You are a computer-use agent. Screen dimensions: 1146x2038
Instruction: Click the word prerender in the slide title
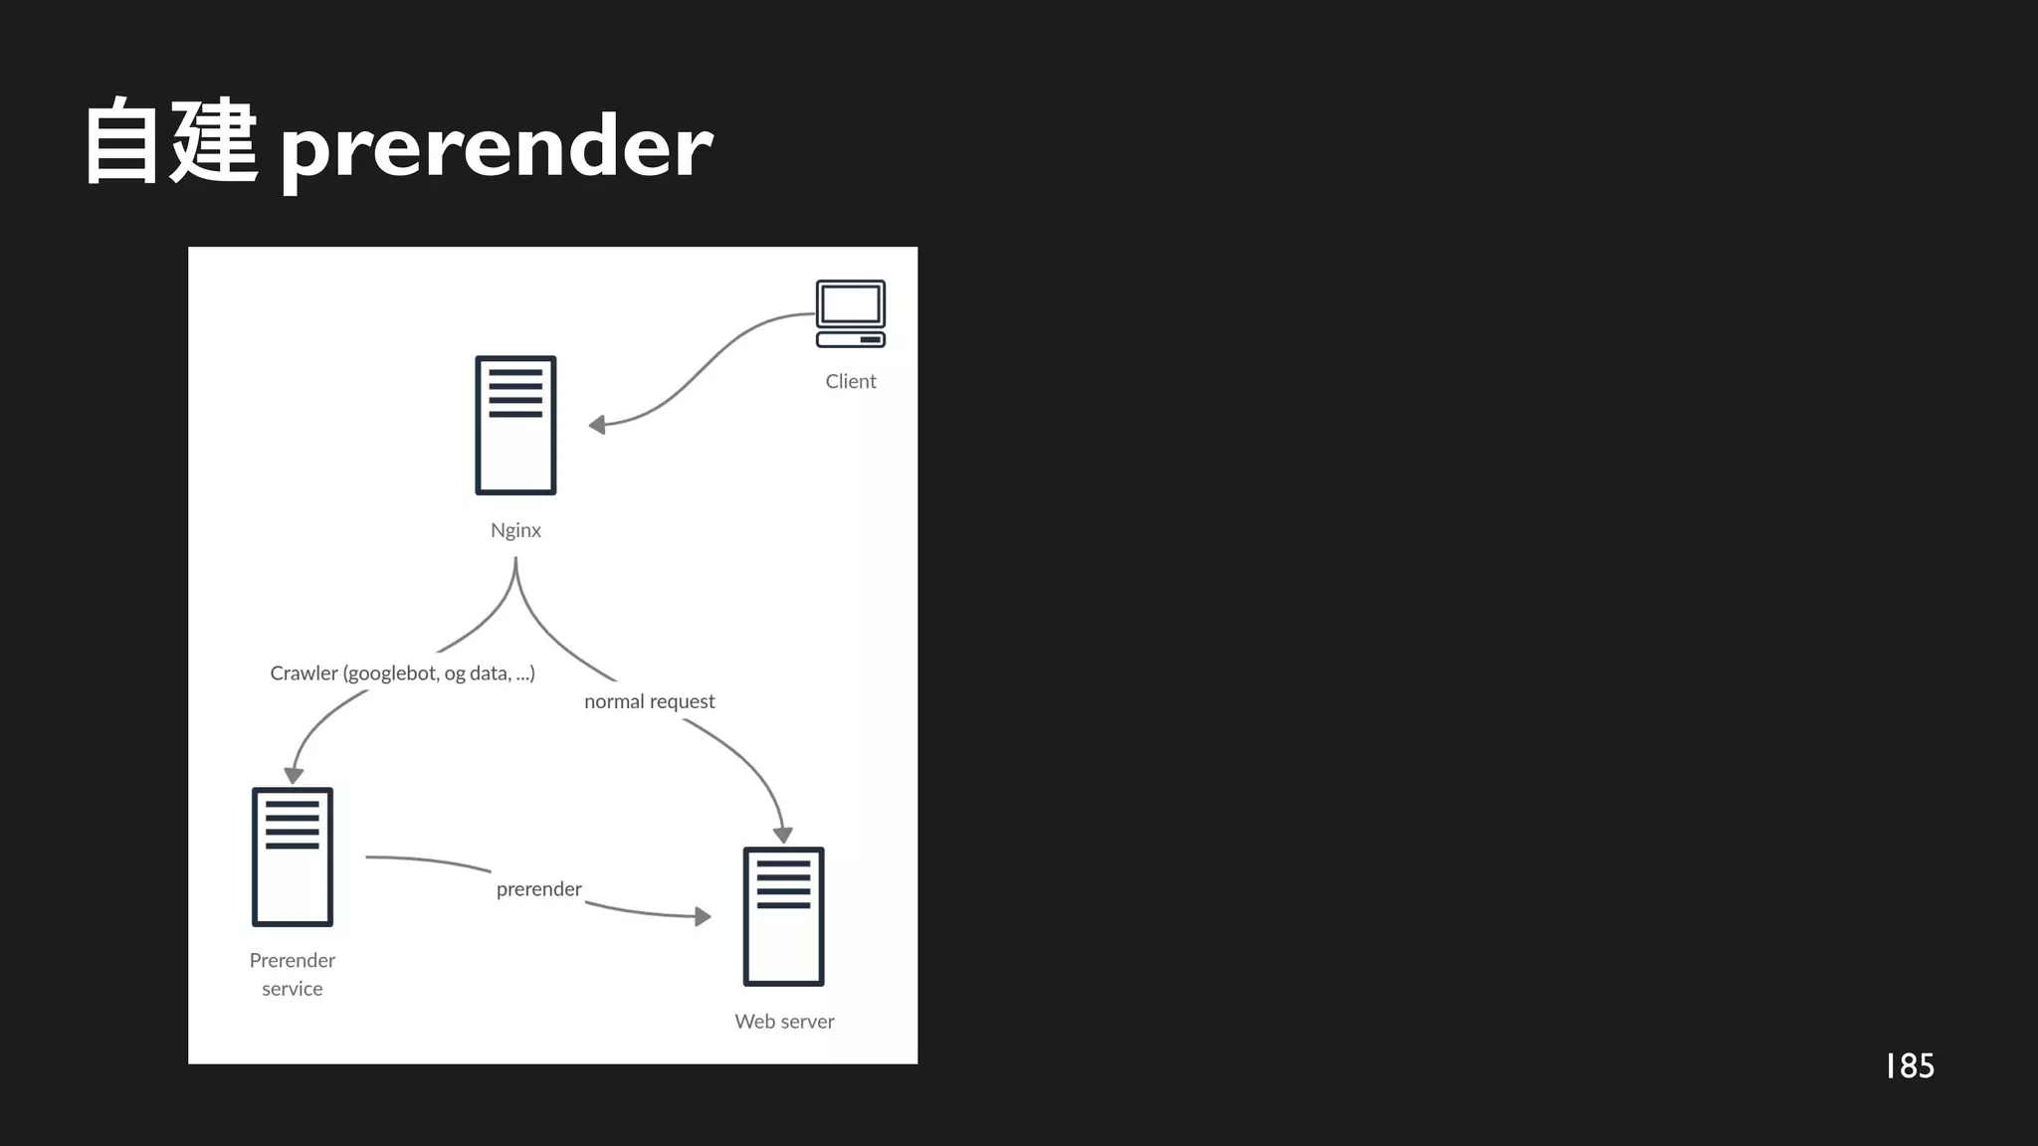point(496,147)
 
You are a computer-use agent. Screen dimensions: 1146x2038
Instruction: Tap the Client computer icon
point(851,313)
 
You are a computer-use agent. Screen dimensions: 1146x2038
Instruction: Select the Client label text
point(851,382)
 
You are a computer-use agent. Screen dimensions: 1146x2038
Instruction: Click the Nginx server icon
point(515,425)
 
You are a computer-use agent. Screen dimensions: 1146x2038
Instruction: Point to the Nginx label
point(515,530)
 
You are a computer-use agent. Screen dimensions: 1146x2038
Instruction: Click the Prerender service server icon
point(293,857)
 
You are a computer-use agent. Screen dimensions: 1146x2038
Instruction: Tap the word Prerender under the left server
point(293,961)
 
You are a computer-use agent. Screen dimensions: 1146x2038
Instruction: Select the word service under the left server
point(293,989)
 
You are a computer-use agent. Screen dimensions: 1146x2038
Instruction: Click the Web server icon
point(784,916)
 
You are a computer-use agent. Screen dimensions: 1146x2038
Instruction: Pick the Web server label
point(784,1022)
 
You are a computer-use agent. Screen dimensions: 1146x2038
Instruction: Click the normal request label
point(650,701)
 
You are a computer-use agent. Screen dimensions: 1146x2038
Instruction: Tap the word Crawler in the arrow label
point(304,673)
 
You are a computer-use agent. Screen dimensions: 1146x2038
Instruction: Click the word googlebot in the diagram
point(392,673)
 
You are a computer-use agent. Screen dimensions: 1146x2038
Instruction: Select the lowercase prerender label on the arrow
point(538,889)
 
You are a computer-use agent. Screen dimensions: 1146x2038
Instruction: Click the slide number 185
point(1910,1066)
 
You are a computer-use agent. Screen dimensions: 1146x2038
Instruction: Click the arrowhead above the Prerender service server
point(294,775)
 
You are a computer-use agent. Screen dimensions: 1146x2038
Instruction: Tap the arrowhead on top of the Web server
point(783,835)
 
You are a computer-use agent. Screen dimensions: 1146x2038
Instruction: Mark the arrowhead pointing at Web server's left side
point(703,916)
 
